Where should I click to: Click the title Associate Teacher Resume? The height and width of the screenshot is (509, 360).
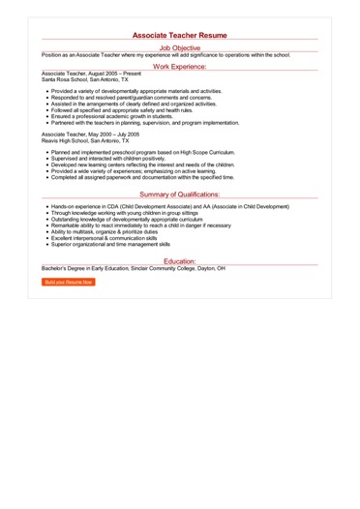[180, 35]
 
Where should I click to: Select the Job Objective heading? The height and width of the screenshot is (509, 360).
[180, 47]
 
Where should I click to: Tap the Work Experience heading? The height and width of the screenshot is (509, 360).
[180, 68]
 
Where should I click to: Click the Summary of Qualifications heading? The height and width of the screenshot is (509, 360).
[180, 195]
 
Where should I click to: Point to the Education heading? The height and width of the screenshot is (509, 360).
[180, 261]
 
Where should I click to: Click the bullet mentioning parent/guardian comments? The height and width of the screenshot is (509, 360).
[132, 99]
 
